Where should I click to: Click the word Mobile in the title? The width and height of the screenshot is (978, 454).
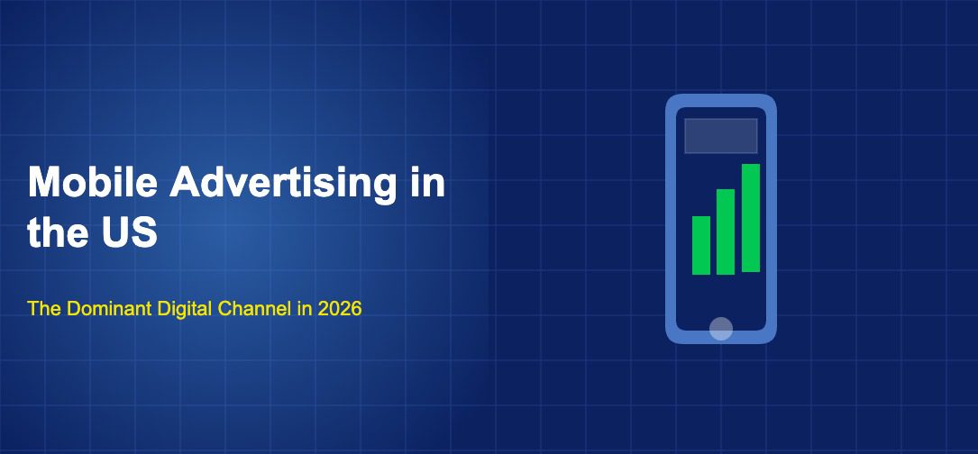click(94, 183)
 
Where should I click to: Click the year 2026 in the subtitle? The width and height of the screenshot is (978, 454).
click(339, 309)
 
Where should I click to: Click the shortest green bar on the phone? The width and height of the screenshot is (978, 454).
click(701, 245)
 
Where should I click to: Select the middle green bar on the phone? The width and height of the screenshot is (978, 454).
click(726, 232)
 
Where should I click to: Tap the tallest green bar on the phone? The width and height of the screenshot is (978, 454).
click(751, 218)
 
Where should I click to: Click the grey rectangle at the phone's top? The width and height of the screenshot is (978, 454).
click(721, 136)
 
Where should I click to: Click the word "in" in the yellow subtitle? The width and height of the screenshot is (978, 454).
click(305, 309)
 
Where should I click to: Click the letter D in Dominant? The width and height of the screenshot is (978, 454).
click(72, 309)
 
